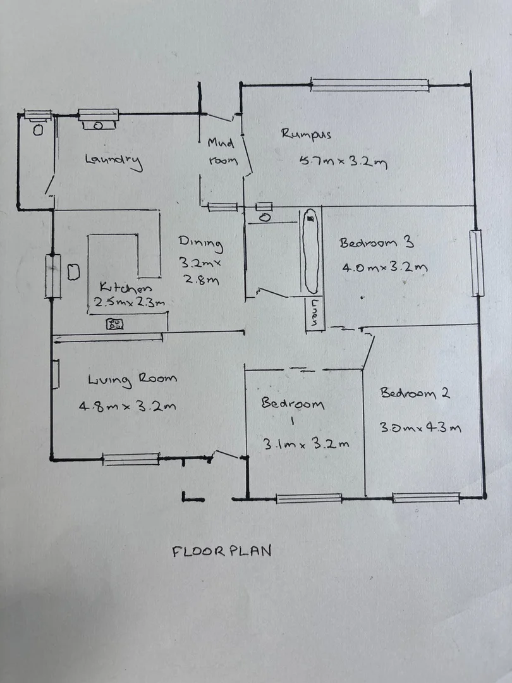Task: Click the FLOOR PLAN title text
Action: coord(221,551)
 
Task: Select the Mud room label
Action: coord(222,152)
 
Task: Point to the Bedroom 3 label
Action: coord(376,243)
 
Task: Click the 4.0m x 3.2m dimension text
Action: coord(384,267)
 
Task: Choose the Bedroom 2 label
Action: coord(415,393)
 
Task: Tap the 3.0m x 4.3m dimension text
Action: coord(420,427)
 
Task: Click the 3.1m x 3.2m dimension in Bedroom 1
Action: coord(306,443)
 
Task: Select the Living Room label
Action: coord(132,379)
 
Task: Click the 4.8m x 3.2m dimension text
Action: coord(127,406)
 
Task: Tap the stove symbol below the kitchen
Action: coord(115,324)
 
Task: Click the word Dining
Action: coord(200,242)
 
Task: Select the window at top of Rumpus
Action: coord(369,85)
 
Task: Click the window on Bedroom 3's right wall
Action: coord(477,264)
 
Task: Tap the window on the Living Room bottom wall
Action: coord(131,459)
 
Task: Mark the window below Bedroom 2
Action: coord(425,498)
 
